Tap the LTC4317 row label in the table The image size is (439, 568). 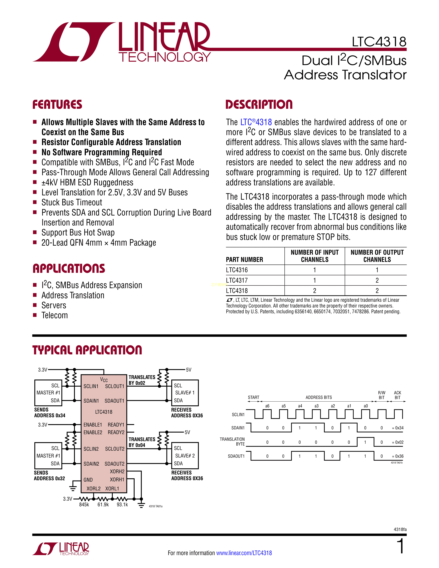[x=237, y=280]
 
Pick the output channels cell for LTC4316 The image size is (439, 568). [x=377, y=270]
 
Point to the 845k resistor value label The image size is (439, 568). [x=84, y=504]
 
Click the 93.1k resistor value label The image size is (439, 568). [x=122, y=504]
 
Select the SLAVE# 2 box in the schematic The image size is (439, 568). [x=185, y=456]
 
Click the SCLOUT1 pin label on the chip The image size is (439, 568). [x=115, y=386]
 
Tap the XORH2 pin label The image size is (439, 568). [x=117, y=471]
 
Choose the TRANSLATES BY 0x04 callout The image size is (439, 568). [x=142, y=442]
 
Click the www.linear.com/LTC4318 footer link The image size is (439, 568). [x=244, y=553]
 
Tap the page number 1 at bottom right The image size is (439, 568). [x=401, y=546]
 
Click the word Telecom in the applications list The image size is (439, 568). [x=55, y=315]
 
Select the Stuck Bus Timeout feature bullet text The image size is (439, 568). [x=72, y=202]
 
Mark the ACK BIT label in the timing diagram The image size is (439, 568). [x=397, y=395]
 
